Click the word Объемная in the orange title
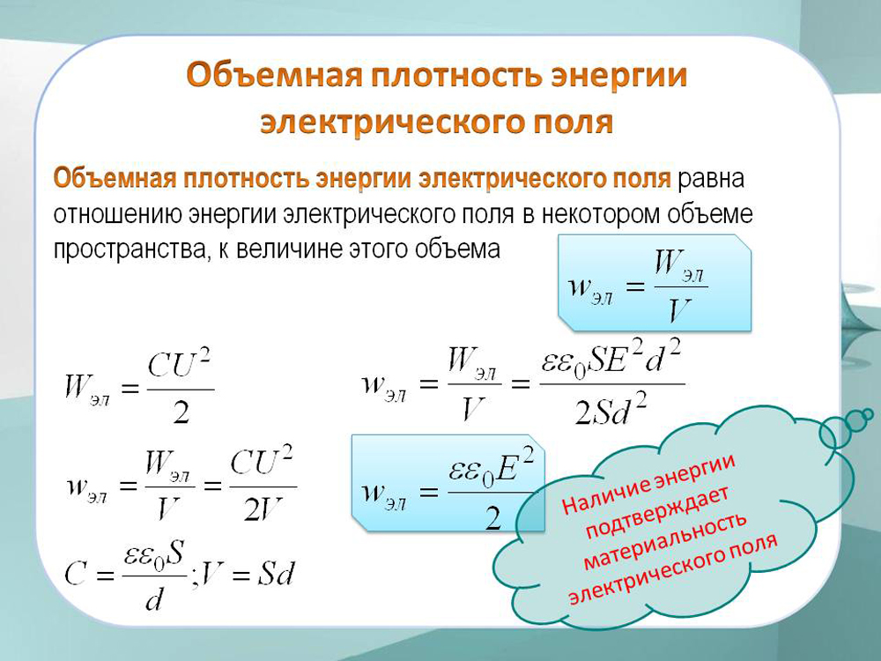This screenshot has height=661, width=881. point(274,75)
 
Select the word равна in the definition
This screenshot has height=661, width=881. point(711,180)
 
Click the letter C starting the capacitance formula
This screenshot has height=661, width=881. point(75,575)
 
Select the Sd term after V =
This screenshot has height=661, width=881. point(275,574)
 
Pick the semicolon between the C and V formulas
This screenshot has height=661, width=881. point(196,579)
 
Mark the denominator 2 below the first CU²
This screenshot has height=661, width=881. point(181,413)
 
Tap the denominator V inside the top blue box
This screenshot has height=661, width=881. point(679,310)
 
